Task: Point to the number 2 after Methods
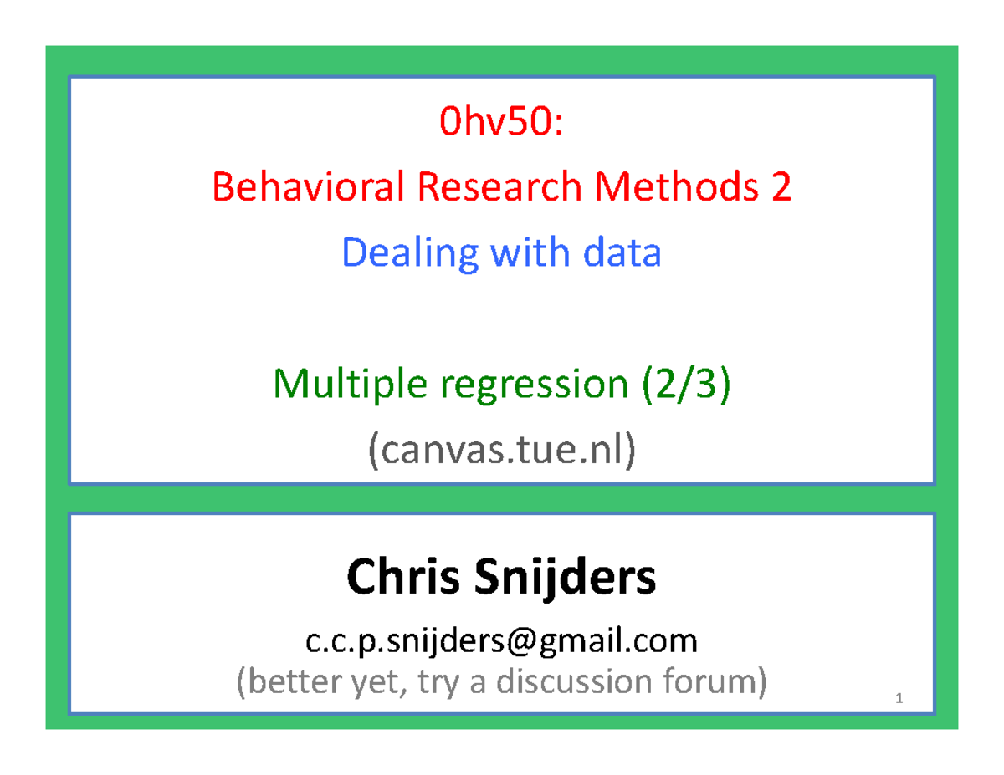coord(780,187)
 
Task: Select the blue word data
coord(622,252)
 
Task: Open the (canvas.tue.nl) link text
coord(501,451)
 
